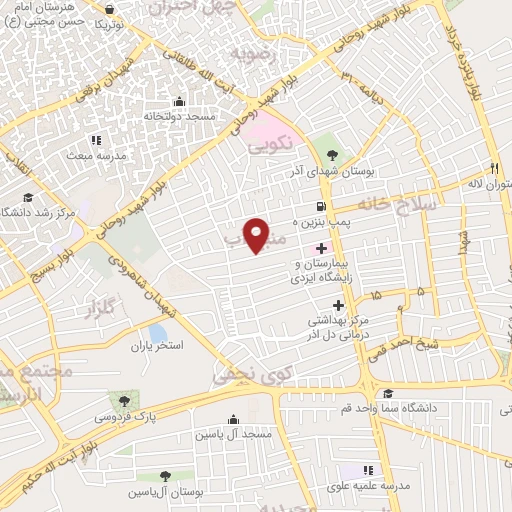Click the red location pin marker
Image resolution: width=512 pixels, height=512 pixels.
[x=258, y=235]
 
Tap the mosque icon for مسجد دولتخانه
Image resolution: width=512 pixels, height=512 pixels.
[x=179, y=100]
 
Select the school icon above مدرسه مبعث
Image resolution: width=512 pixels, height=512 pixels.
[x=96, y=140]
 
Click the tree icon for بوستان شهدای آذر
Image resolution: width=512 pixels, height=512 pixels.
[x=333, y=155]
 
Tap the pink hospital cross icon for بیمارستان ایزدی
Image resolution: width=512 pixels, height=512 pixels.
[x=320, y=247]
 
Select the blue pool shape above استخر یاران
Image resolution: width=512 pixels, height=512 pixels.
[x=157, y=332]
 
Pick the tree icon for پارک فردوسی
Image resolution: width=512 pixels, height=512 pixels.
[x=124, y=398]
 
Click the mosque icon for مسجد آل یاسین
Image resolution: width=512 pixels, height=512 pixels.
[x=233, y=418]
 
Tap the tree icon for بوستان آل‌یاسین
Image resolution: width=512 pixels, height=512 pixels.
[x=165, y=476]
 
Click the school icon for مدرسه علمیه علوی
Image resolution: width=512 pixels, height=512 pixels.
[x=368, y=469]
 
